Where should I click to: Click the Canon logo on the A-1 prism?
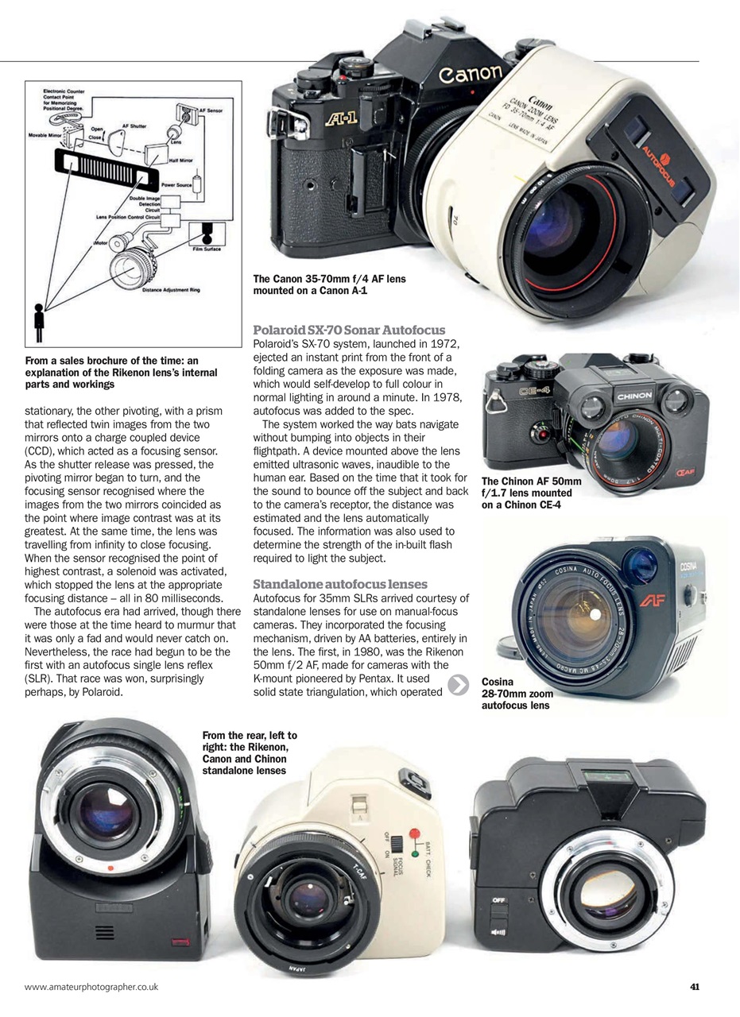point(471,75)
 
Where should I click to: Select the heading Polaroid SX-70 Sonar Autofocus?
point(349,330)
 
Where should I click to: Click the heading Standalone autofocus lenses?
point(340,584)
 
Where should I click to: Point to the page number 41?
point(694,987)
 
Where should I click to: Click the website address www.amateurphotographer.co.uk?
point(92,987)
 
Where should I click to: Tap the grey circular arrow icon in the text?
point(459,685)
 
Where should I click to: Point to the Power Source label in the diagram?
point(177,184)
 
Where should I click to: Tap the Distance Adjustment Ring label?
point(172,289)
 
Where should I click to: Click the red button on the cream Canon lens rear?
point(413,834)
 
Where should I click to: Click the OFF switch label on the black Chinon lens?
point(498,900)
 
